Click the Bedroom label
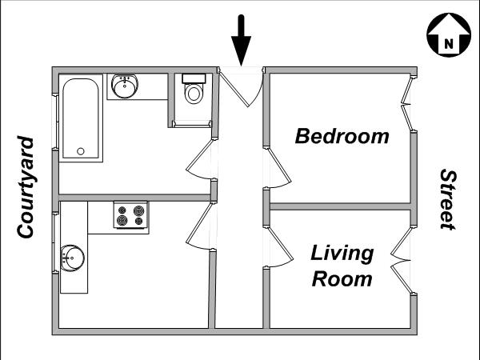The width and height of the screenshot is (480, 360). click(x=342, y=136)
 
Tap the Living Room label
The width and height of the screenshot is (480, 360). click(x=342, y=266)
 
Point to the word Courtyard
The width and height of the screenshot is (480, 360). click(x=25, y=187)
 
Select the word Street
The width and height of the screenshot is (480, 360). click(x=449, y=199)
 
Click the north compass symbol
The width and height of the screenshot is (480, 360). click(x=449, y=35)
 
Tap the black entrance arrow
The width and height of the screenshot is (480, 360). click(x=242, y=41)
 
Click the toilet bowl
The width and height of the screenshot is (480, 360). click(x=194, y=94)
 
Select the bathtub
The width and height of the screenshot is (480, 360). click(x=81, y=118)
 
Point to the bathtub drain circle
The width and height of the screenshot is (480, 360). click(x=81, y=151)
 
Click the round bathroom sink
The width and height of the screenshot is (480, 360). click(x=125, y=86)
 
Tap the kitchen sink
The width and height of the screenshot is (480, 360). click(x=73, y=258)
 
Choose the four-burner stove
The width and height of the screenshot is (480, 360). click(x=130, y=215)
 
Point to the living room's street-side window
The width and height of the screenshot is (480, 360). click(x=402, y=260)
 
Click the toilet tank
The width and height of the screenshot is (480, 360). click(x=194, y=78)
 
